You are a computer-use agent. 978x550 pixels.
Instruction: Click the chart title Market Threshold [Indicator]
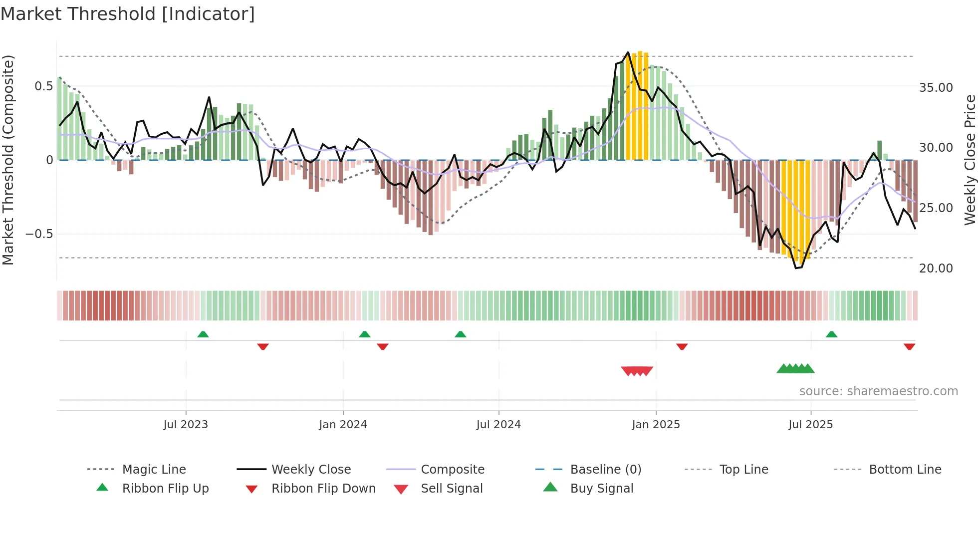[128, 14]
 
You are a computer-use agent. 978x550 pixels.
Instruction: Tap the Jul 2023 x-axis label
[186, 425]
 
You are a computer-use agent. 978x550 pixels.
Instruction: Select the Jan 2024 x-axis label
[343, 425]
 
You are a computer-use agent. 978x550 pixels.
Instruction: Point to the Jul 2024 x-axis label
[498, 425]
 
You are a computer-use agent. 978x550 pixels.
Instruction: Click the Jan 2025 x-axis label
[656, 425]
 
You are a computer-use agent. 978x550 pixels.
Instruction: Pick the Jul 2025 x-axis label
[811, 425]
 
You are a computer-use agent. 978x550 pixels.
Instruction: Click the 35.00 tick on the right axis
[936, 88]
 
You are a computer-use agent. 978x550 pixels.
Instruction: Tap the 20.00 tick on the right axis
[936, 269]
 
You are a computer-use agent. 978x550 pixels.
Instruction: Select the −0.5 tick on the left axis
[39, 234]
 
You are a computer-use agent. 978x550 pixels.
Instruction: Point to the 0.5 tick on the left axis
[43, 86]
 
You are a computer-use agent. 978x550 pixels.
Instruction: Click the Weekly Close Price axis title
[970, 160]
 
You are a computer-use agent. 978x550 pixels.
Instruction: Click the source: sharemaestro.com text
[878, 391]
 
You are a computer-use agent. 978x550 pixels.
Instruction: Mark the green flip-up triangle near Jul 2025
[831, 334]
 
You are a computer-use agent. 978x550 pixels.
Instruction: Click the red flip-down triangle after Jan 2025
[682, 346]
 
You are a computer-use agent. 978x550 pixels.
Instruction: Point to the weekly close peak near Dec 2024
[628, 52]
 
